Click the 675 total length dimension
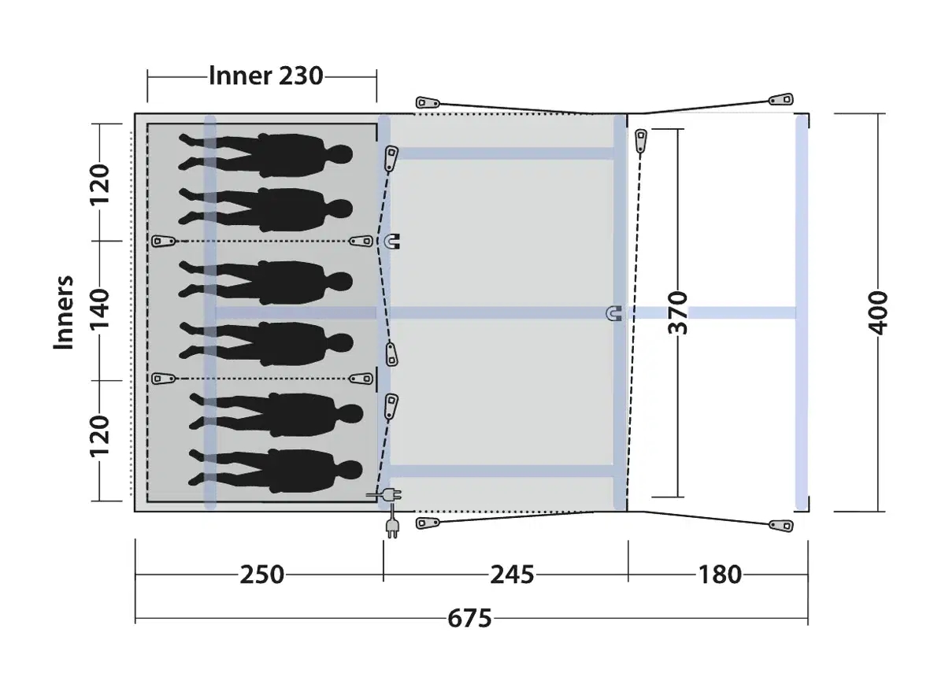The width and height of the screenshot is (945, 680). (x=469, y=619)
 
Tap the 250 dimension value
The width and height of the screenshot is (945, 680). (x=261, y=575)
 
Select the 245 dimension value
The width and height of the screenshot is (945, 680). (x=512, y=575)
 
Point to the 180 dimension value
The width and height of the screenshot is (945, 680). (x=720, y=575)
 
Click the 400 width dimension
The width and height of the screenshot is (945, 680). (x=879, y=312)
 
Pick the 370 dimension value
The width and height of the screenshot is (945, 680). (x=678, y=312)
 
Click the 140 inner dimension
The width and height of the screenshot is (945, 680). (x=100, y=310)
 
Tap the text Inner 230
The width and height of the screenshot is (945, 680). (x=266, y=76)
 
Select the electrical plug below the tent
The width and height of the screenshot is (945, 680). (x=391, y=524)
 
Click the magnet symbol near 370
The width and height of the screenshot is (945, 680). (x=614, y=313)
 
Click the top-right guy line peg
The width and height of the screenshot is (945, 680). (x=781, y=100)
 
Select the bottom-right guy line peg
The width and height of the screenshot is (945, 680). (x=781, y=526)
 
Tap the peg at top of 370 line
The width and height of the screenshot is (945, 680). (x=641, y=140)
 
